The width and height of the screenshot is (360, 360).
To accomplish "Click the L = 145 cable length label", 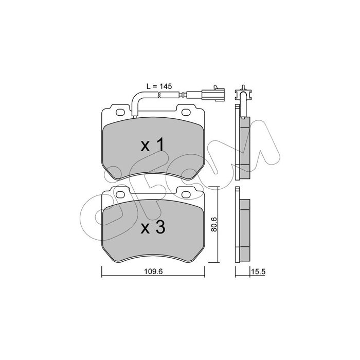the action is (x=159, y=86).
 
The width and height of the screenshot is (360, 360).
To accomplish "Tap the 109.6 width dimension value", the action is (x=153, y=272).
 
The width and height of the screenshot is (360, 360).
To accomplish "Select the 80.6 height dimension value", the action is (x=214, y=224).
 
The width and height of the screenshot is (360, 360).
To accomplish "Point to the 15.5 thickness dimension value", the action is (x=258, y=272).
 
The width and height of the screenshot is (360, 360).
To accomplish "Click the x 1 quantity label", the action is (x=153, y=145).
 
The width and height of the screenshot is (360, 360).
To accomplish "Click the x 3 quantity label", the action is (x=153, y=227).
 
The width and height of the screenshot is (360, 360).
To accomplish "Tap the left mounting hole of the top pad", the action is (x=120, y=112).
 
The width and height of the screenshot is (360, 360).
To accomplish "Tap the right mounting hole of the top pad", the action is (x=186, y=112).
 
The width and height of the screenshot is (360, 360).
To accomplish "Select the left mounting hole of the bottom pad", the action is (x=120, y=195).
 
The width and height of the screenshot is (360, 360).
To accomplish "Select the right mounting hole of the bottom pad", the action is (x=186, y=195).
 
